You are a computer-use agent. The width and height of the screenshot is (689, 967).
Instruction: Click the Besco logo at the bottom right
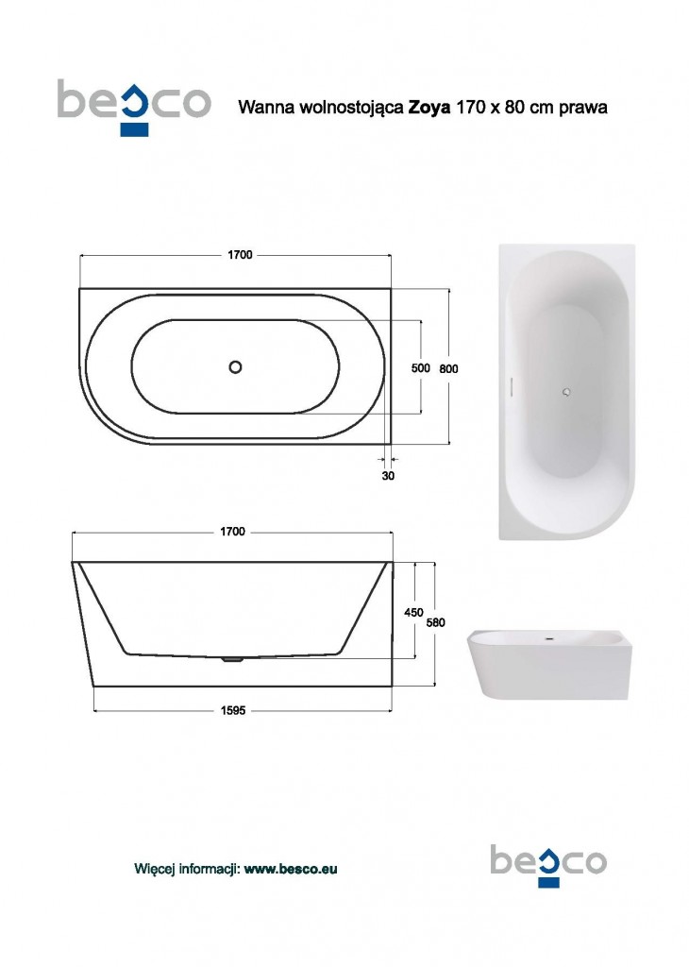tap(548, 865)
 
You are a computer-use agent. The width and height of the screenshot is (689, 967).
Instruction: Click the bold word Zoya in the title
tap(429, 108)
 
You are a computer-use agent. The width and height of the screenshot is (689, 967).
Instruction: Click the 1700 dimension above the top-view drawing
tap(240, 255)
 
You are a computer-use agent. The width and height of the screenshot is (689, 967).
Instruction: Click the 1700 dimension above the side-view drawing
tap(232, 532)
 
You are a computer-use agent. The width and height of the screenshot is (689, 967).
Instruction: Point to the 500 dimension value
tap(420, 368)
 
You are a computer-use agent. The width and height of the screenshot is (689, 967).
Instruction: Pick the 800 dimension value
tap(448, 369)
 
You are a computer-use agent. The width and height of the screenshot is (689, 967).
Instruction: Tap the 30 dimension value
tap(388, 476)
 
